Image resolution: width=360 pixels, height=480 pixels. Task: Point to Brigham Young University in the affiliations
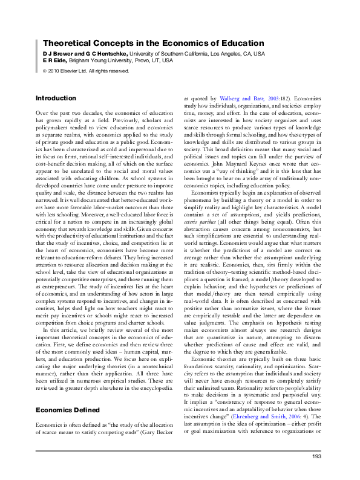(x=100, y=61)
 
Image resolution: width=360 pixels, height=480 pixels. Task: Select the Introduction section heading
(x=56, y=98)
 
